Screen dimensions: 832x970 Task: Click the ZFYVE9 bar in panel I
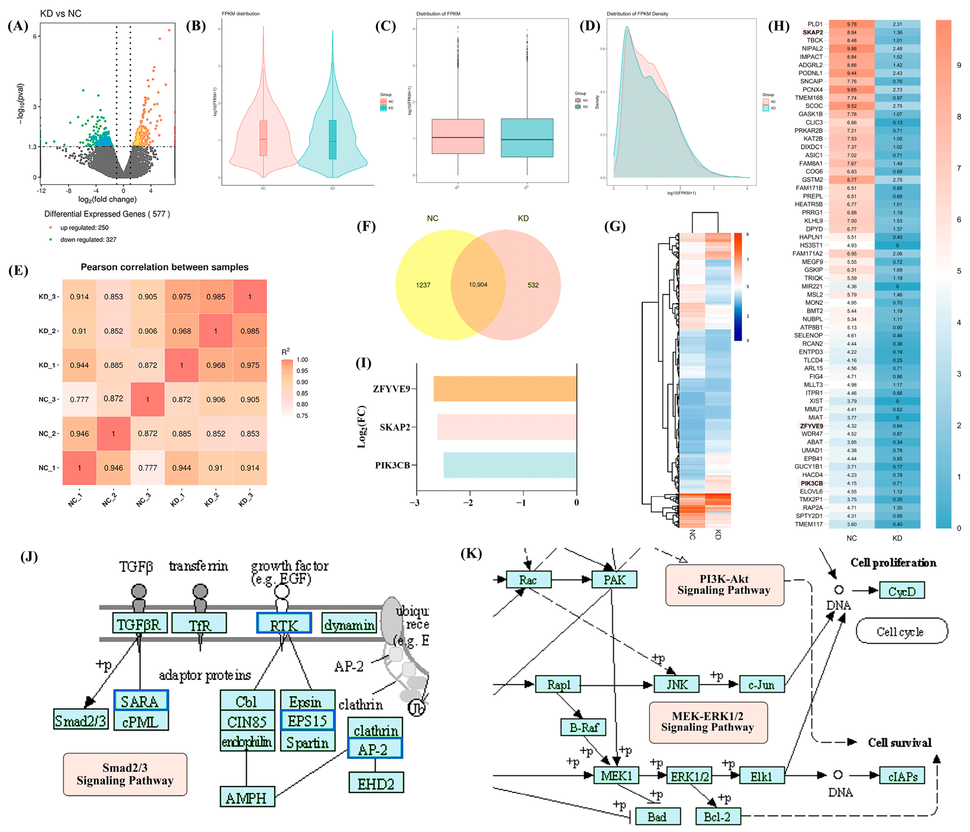pos(505,389)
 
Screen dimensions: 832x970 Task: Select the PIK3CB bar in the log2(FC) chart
pos(509,465)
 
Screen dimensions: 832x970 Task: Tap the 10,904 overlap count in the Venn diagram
pos(478,285)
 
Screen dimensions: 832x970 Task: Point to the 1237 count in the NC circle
pos(423,285)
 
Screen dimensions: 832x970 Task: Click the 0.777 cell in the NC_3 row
pos(79,399)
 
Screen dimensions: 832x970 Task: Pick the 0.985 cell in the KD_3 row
pos(215,297)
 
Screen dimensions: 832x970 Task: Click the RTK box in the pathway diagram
pos(284,624)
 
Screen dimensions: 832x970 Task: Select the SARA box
pos(140,701)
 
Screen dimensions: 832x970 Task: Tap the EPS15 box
pos(307,721)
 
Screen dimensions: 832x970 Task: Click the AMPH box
pos(246,798)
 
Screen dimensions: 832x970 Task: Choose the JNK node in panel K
pos(677,685)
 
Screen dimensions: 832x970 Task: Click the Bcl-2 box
pos(717,817)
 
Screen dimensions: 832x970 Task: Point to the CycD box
pos(901,591)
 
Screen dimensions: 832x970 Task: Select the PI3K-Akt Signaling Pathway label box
pos(724,585)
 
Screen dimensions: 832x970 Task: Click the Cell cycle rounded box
pos(900,632)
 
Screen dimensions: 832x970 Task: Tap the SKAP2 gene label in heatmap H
pos(812,33)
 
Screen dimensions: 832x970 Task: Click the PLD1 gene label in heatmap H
pos(815,24)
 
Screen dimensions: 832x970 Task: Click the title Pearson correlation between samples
pos(164,267)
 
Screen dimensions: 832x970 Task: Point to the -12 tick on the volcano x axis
pos(41,190)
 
